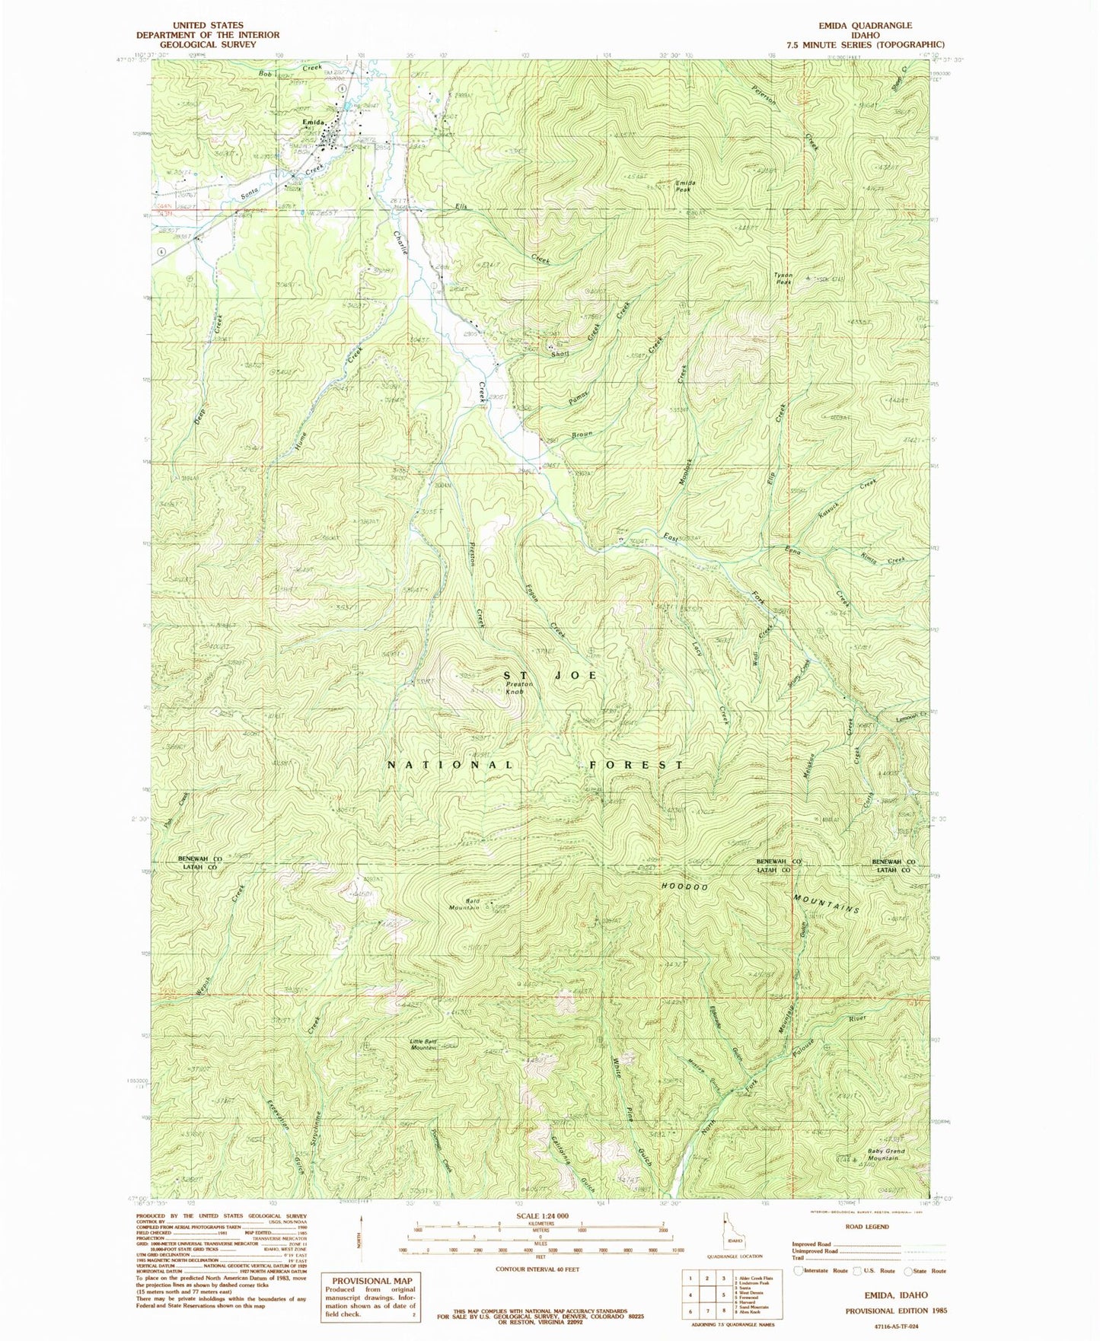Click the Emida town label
click(x=314, y=123)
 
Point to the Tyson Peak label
click(x=783, y=277)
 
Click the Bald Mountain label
click(x=464, y=904)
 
